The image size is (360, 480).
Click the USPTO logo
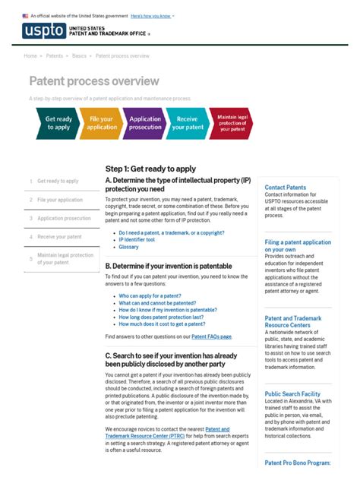[x=44, y=31]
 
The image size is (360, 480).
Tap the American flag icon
[x=25, y=15]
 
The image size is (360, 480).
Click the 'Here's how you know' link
[x=151, y=15]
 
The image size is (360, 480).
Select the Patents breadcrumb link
[x=55, y=55]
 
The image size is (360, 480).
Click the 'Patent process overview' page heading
[x=94, y=81]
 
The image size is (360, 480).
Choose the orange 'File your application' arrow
[x=102, y=123]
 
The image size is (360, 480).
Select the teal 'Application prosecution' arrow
[x=145, y=123]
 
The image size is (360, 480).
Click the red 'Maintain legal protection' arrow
[x=231, y=123]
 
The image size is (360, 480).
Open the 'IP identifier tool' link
[x=137, y=239]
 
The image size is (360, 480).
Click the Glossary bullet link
[x=128, y=247]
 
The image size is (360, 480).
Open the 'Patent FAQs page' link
[x=211, y=336]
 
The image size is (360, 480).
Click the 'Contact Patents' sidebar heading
[x=286, y=187]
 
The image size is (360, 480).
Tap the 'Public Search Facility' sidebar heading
[x=292, y=394]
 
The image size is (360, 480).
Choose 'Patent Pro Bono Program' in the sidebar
[x=297, y=463]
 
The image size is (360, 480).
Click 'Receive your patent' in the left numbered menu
[x=59, y=237]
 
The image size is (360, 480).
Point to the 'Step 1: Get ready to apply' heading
[x=150, y=169]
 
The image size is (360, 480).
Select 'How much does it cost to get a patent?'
[x=162, y=324]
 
